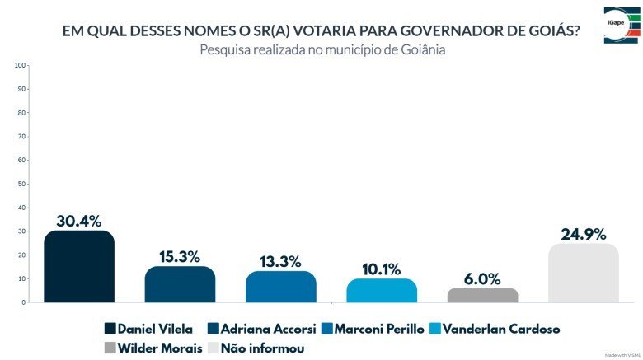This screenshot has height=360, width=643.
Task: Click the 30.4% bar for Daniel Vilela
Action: coord(78,267)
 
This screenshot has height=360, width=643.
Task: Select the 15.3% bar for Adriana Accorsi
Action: coord(180,284)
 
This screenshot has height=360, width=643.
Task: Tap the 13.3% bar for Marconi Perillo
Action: coord(280,287)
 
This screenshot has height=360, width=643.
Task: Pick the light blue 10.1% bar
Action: coord(382,290)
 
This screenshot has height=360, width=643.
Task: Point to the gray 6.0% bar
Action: coord(482,295)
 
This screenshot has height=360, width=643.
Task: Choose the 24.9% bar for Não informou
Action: coord(583,273)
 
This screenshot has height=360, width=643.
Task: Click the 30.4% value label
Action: coord(78,221)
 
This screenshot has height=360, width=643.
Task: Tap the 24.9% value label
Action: coord(583,233)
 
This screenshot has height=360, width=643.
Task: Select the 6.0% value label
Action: coord(482,279)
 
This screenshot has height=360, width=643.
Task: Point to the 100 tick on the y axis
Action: coord(21,65)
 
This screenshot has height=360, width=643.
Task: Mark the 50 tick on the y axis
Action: coord(23,184)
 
